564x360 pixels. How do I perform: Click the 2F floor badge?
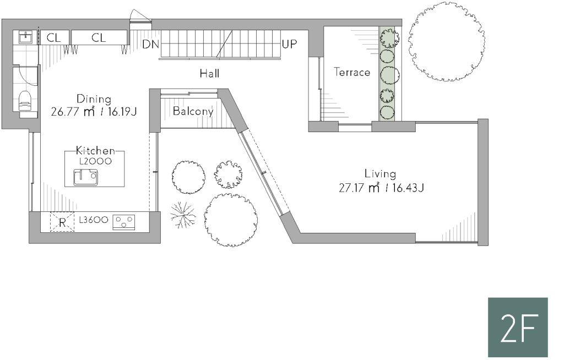pos(518,327)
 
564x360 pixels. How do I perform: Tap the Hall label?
pos(209,74)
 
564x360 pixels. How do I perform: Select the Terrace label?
pos(352,72)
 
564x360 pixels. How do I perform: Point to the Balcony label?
pos(193,111)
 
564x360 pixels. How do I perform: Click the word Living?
pos(380,174)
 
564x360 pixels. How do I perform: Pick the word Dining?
pos(94,99)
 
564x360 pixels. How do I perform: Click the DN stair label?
pos(150,44)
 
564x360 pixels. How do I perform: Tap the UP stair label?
pos(290,44)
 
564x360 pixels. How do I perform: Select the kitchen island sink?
pos(85,177)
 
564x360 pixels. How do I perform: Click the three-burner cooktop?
pos(124,222)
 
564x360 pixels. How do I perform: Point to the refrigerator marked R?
pos(62,222)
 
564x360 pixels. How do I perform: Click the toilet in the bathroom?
pos(25,100)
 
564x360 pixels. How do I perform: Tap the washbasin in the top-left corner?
pos(26,37)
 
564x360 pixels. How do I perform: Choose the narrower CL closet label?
pos(53,37)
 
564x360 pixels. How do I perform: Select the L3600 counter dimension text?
pos(94,220)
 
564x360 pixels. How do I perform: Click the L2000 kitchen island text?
pos(95,161)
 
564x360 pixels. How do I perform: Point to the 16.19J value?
pos(122,112)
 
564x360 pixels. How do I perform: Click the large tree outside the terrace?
pos(446,41)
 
